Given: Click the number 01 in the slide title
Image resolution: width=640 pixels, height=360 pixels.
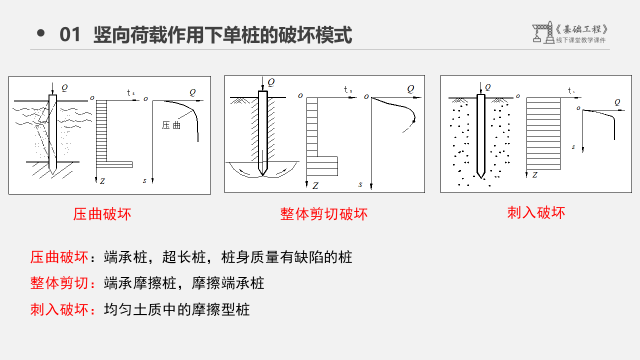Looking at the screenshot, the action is coord(69,34).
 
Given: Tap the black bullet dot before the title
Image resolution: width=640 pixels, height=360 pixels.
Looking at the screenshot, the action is coord(41,33).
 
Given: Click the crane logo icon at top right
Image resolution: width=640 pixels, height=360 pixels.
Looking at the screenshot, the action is coord(543,32).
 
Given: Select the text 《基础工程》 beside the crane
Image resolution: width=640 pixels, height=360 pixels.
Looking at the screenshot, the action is coord(581,29).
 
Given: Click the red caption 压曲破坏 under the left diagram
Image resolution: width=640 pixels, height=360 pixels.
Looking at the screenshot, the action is coord(102,214).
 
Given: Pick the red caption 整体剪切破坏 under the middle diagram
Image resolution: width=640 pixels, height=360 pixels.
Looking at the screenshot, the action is coord(323,214).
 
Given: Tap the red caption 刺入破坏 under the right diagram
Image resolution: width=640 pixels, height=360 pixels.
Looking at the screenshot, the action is coord(536,213).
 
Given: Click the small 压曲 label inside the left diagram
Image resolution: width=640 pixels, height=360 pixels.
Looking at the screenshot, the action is coord(171,125).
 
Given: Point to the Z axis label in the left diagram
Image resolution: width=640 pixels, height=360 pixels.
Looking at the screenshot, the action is coord(102,181).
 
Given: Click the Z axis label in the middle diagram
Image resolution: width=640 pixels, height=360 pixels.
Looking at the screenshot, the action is coord(315,186).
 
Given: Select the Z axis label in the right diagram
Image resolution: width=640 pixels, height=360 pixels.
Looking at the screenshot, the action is coord(535,175).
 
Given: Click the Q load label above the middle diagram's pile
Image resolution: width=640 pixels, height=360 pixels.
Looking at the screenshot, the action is coord(271,82).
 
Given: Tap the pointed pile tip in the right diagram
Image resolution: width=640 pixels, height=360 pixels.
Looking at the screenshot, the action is coord(481,177).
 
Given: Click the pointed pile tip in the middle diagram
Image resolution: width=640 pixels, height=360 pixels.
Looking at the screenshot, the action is coord(263,175).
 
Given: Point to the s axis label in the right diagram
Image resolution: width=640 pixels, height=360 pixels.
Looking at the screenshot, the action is coord(573,147).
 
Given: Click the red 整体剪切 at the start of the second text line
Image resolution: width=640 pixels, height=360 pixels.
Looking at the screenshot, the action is coord(59,283).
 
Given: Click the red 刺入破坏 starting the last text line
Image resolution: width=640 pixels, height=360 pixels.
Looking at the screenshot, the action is coord(59,309).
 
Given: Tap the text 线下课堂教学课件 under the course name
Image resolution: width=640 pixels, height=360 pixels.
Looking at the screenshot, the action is coord(580,40).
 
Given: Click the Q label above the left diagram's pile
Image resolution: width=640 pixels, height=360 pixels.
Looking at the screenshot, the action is coord(64,87).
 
